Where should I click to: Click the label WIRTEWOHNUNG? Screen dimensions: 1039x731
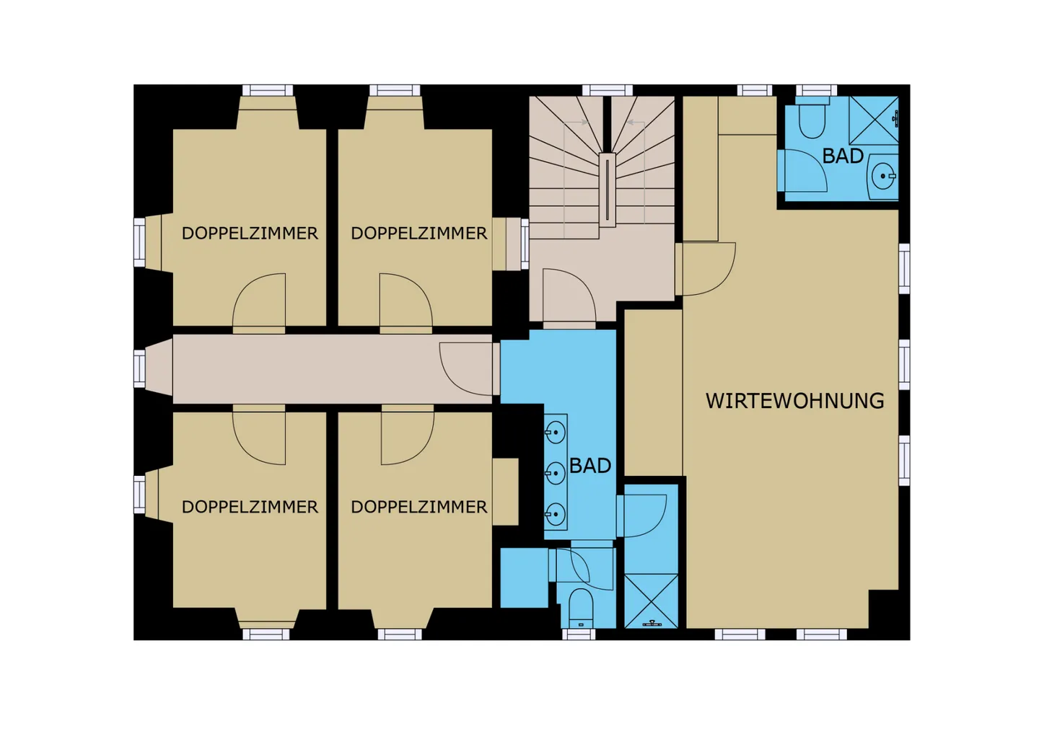794,402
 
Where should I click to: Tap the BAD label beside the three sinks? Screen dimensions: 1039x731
590,466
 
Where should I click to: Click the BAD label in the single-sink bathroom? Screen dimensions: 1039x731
843,156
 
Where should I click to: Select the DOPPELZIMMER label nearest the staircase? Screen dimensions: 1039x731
418,233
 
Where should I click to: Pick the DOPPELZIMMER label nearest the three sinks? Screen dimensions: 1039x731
418,507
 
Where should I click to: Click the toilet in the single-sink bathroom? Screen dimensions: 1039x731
812,118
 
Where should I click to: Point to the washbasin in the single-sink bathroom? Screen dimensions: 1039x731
884,176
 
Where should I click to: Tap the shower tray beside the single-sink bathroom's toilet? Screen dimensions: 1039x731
873,120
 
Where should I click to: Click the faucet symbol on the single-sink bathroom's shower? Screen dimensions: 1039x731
895,119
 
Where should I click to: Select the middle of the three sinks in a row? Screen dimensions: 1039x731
556,473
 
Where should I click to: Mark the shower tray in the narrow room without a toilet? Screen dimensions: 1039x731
652,601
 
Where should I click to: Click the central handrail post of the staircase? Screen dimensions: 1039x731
608,190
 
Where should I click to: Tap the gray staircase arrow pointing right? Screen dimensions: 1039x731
577,123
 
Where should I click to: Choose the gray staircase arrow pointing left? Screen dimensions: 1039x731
635,123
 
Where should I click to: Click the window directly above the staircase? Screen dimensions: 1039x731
608,90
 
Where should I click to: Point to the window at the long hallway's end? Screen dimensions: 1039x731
139,369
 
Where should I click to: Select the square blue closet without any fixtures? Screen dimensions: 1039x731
524,578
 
